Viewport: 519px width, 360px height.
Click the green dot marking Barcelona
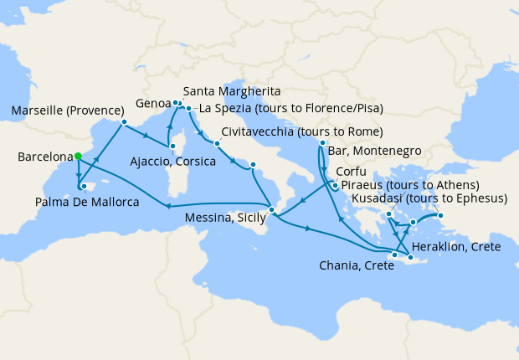pyautogui.click(x=77, y=156)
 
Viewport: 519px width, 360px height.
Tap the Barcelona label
pyautogui.click(x=44, y=157)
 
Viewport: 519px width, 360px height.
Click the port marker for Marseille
pyautogui.click(x=124, y=122)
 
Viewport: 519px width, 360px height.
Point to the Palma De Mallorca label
pyautogui.click(x=88, y=202)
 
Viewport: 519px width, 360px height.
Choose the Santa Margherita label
pyautogui.click(x=231, y=90)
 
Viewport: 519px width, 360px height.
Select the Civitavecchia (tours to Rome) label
pyautogui.click(x=302, y=132)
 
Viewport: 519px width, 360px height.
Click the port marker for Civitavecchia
pyautogui.click(x=216, y=143)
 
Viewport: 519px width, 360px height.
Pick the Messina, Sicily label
pyautogui.click(x=224, y=217)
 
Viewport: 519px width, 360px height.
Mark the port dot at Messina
pyautogui.click(x=271, y=208)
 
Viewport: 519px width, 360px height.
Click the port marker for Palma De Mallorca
pyautogui.click(x=84, y=186)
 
